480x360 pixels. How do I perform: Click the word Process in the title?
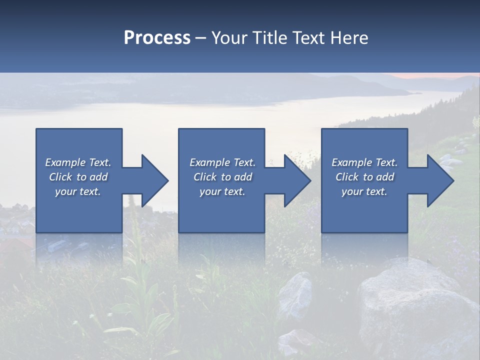tap(157, 38)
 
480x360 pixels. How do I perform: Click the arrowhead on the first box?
tap(154, 181)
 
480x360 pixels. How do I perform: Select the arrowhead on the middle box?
tap(296, 181)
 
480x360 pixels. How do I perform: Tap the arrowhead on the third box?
tap(439, 181)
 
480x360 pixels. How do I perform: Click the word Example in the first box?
tap(65, 162)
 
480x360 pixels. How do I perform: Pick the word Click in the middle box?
tap(204, 177)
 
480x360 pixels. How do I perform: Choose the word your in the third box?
tap(352, 191)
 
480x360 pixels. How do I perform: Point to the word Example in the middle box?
tap(209, 162)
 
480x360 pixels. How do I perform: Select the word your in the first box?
tap(65, 191)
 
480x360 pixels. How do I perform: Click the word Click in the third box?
tap(346, 177)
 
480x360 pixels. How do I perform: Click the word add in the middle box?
tap(243, 177)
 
